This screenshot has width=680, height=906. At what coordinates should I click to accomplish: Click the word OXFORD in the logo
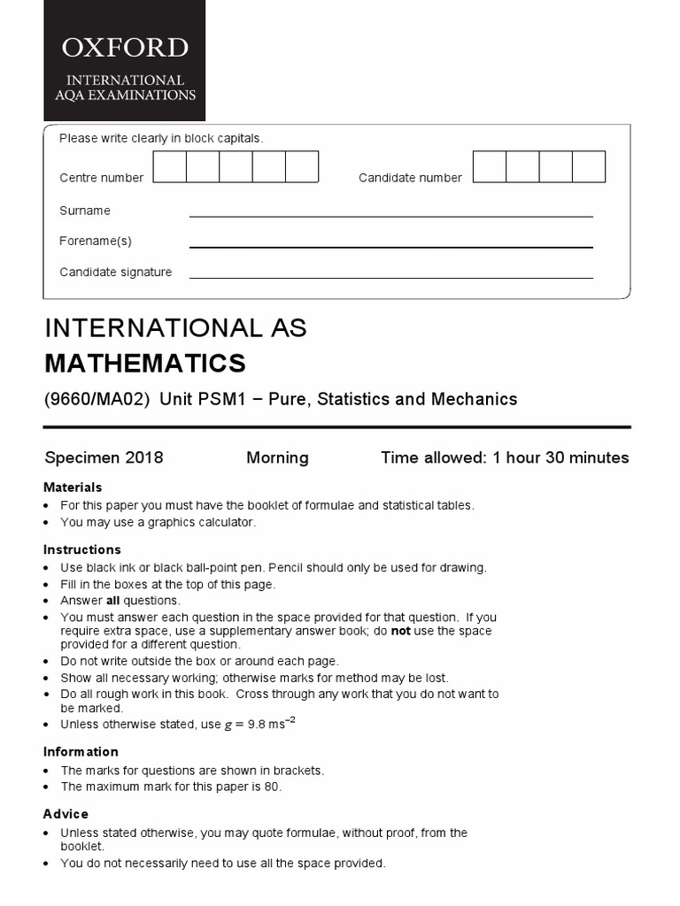click(124, 48)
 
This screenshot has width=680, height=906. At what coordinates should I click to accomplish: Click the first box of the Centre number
click(170, 167)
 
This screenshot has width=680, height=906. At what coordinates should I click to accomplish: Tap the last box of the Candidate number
click(589, 167)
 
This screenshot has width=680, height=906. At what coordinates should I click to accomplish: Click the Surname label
click(85, 211)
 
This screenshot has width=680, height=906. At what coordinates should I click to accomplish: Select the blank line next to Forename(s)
click(390, 246)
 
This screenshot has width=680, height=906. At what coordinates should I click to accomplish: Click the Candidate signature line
click(390, 277)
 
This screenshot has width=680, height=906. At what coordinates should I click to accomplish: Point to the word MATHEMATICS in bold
click(145, 364)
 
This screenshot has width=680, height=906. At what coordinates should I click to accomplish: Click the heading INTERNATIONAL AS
click(175, 328)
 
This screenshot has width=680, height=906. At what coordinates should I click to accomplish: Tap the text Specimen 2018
click(104, 458)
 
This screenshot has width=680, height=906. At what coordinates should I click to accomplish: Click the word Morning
click(277, 458)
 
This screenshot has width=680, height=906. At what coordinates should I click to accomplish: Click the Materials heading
click(73, 488)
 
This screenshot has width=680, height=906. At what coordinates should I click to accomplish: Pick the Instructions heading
click(82, 549)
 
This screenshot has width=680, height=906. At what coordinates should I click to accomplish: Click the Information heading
click(81, 752)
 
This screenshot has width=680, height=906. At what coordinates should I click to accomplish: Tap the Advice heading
click(66, 814)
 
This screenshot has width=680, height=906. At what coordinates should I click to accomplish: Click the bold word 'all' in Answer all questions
click(113, 601)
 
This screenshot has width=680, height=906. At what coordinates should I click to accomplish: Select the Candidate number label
click(410, 178)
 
